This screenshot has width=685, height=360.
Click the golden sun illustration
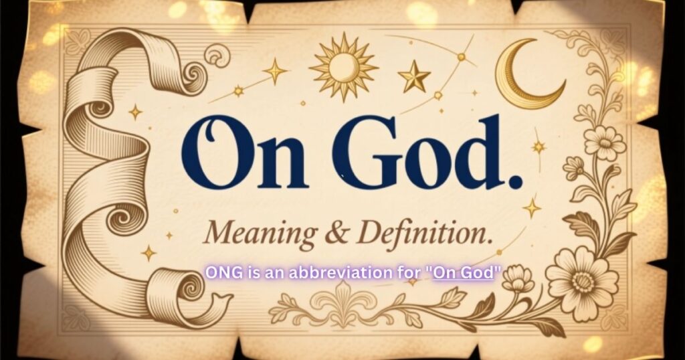pos(343,66)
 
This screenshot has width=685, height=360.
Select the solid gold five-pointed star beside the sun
pos(414,77)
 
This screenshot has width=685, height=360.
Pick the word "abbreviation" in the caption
pos(332,273)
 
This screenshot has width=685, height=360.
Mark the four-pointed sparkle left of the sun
pos(274,70)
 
